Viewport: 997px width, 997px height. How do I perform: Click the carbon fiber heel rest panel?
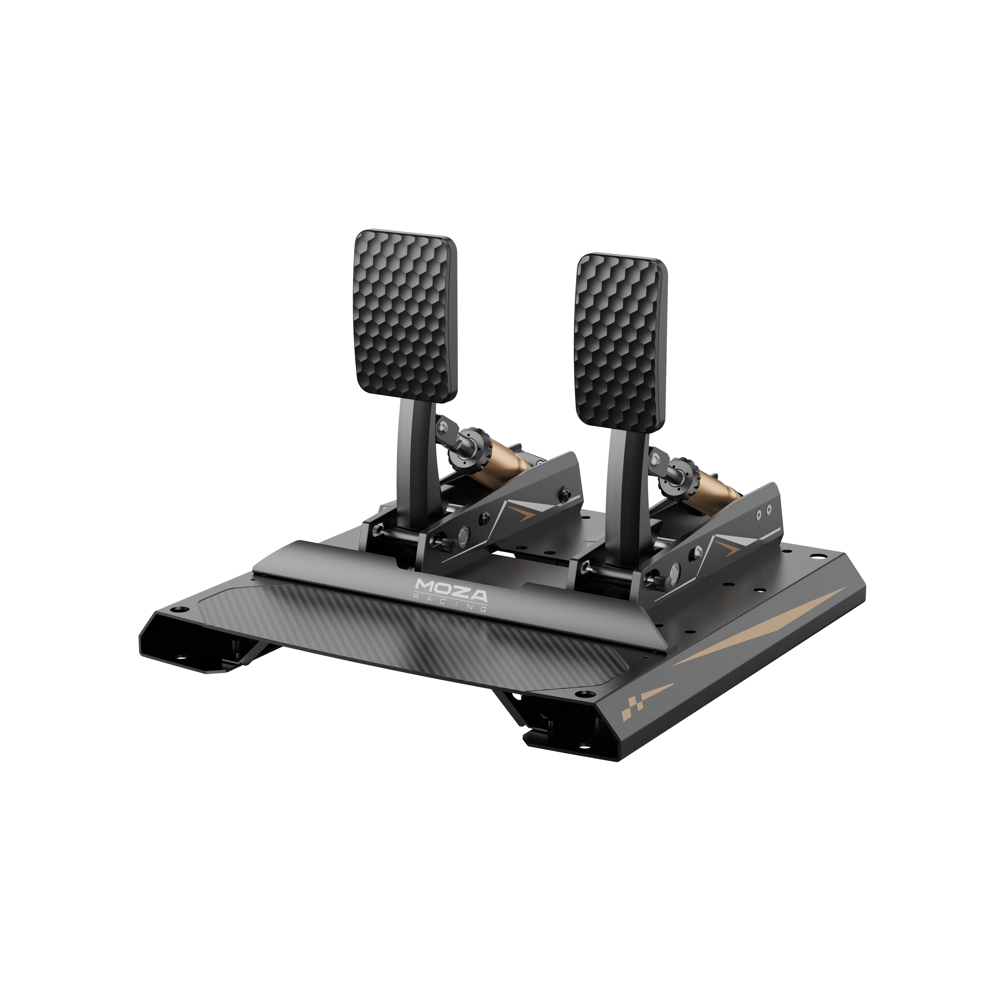click(x=413, y=635)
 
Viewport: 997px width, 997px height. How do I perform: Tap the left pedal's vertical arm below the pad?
click(x=415, y=464)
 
